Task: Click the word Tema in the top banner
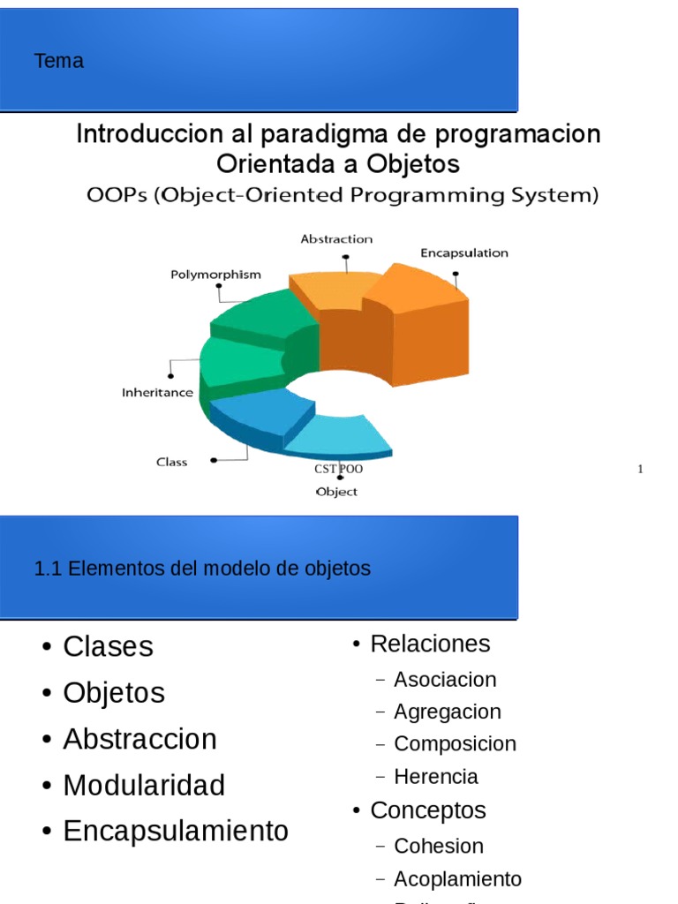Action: click(x=59, y=61)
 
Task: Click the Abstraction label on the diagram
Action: click(x=336, y=239)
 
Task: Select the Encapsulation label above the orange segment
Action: click(x=463, y=252)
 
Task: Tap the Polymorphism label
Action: click(x=215, y=275)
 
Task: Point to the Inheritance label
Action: click(x=157, y=393)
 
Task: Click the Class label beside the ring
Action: click(x=171, y=462)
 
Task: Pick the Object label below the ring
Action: click(x=336, y=492)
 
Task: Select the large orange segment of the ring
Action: click(x=415, y=327)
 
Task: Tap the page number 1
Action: click(x=640, y=469)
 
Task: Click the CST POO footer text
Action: click(x=338, y=469)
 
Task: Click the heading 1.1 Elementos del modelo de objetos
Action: click(x=202, y=569)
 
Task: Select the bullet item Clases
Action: click(x=108, y=646)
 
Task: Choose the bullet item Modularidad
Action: click(x=144, y=785)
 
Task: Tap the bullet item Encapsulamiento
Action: click(x=176, y=831)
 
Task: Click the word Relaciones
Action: click(x=430, y=644)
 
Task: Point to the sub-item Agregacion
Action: click(x=447, y=712)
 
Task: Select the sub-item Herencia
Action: click(x=435, y=777)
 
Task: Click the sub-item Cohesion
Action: click(x=438, y=846)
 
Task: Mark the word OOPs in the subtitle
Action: click(x=117, y=195)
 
